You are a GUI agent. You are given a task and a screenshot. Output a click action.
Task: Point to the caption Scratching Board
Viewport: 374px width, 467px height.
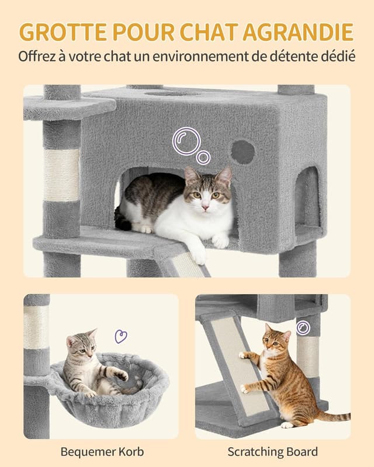point(273,451)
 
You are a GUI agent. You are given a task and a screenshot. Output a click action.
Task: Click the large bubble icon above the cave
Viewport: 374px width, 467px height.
point(186,141)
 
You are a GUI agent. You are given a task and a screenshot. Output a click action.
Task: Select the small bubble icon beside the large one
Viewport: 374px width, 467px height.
point(203,158)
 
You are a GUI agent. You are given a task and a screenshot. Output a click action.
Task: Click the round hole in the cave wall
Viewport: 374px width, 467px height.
point(243,152)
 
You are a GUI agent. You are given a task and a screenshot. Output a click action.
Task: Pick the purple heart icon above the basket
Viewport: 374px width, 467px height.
point(121,336)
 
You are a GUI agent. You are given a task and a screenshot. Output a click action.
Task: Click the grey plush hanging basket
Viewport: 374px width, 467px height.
point(111,397)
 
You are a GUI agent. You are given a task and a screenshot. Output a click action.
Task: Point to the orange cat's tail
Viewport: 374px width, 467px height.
point(333,416)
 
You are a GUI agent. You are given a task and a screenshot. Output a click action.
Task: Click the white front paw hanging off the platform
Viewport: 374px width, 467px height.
point(199,255)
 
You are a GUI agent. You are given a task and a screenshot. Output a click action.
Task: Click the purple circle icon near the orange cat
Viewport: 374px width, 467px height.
point(303,327)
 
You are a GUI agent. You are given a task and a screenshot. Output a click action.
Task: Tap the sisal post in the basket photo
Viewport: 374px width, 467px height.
point(36,327)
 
